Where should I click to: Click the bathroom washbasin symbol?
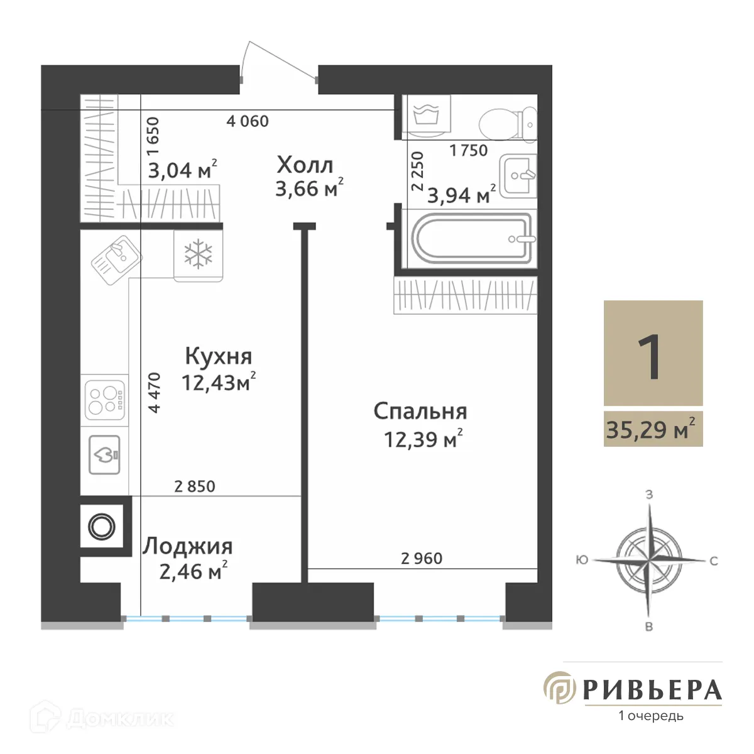click(x=518, y=175)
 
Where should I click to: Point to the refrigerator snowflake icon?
click(x=198, y=255)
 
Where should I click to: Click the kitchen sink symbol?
click(x=117, y=257)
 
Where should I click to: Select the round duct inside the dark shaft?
click(x=101, y=527)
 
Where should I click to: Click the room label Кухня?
click(x=218, y=356)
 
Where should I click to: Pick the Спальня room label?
click(x=420, y=412)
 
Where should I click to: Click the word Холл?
click(x=305, y=165)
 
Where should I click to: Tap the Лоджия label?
click(x=187, y=546)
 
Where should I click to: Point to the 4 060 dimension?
click(x=248, y=121)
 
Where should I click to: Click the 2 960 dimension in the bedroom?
click(x=422, y=558)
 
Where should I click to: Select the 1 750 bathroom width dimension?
click(x=469, y=150)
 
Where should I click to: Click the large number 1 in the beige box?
click(x=651, y=356)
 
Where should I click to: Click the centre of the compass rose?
click(x=649, y=558)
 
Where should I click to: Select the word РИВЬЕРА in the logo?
click(x=652, y=690)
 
